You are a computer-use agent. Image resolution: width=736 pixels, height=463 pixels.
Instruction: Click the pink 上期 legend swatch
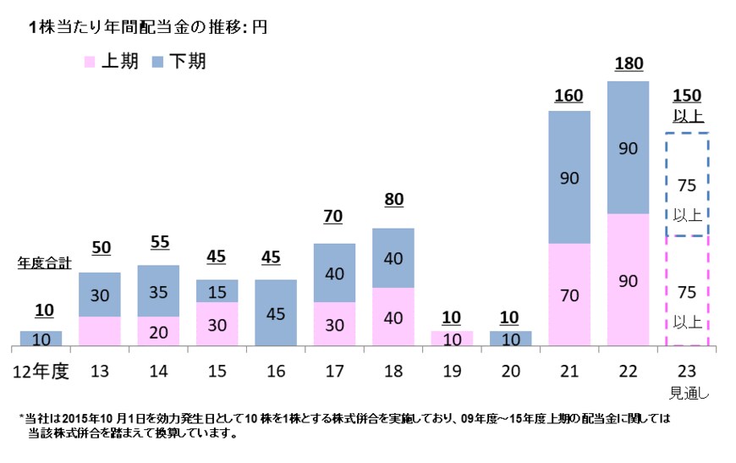point(90,62)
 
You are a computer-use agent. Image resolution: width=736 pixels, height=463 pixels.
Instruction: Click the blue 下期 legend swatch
point(157,62)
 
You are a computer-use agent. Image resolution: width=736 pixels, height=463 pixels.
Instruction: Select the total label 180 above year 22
point(628,63)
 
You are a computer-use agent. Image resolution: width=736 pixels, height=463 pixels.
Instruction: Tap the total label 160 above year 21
point(568,95)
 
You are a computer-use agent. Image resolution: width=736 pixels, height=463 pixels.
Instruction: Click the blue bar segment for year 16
point(276,312)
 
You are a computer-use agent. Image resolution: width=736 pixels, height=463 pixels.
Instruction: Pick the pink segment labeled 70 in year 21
point(568,295)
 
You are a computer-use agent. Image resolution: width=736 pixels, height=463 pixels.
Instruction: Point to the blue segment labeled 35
point(158,290)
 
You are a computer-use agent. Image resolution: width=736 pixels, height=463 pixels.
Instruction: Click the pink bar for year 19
point(452,338)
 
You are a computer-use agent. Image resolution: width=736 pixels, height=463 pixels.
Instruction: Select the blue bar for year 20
point(510,338)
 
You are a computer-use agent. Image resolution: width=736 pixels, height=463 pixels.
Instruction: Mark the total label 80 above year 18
point(393,201)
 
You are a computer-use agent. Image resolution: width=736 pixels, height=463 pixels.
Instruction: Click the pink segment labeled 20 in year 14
point(158,331)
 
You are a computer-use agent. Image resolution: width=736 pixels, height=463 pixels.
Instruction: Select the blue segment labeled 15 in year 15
point(217,290)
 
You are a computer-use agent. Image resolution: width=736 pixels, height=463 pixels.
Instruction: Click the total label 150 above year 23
point(687,96)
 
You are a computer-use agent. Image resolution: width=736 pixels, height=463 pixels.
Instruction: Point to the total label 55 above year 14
point(158,241)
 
